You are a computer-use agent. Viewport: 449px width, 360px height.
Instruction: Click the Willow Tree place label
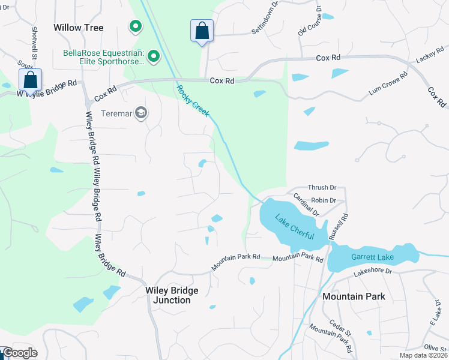79,28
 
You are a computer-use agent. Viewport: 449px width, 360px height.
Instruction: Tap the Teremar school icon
141,113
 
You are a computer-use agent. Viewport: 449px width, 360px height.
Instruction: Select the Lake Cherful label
295,227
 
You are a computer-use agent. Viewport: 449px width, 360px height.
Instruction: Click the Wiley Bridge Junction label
172,295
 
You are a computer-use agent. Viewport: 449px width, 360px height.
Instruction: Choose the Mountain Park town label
354,296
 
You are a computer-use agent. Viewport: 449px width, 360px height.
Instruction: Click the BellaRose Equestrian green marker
154,56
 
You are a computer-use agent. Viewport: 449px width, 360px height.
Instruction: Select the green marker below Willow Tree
136,26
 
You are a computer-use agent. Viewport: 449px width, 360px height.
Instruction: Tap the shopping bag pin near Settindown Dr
202,31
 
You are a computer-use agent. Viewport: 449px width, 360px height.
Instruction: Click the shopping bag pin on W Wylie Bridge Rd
31,80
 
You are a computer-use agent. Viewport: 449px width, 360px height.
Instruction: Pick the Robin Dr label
323,200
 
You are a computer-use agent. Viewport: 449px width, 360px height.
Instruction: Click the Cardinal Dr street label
306,204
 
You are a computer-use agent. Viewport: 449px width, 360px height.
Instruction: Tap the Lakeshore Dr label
372,271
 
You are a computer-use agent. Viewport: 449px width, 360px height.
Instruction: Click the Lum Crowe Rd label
388,85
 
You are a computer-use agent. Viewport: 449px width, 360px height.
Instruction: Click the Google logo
20,353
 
